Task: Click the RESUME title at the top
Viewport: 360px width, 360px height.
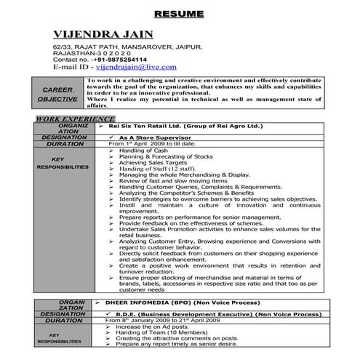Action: (180, 15)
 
